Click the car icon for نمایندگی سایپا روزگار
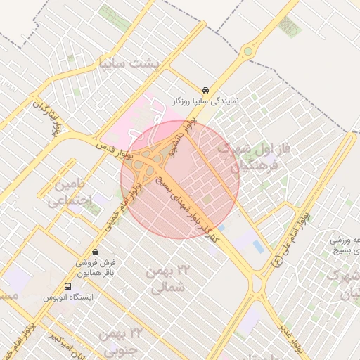(205, 91)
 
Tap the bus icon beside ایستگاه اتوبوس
(67, 287)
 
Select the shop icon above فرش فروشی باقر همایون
(95, 251)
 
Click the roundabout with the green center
(247, 51)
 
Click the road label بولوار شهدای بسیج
(183, 204)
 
